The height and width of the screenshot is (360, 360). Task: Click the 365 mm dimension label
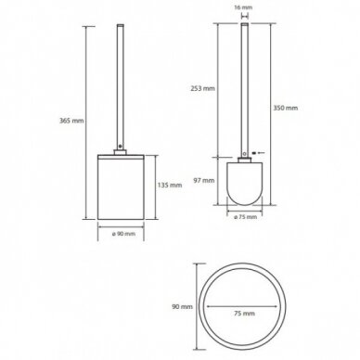71,121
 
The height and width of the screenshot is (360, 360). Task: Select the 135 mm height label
170,186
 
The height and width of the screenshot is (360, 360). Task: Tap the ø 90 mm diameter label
123,234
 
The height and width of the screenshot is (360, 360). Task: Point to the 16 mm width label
244,7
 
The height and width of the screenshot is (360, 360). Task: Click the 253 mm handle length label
202,88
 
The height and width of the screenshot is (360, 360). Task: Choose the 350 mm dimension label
286,108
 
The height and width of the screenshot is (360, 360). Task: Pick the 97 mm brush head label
204,180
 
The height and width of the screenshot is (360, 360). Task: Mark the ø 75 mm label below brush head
245,217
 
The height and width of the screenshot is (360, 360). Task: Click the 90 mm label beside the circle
182,307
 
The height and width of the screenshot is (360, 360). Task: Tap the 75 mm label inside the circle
245,314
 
